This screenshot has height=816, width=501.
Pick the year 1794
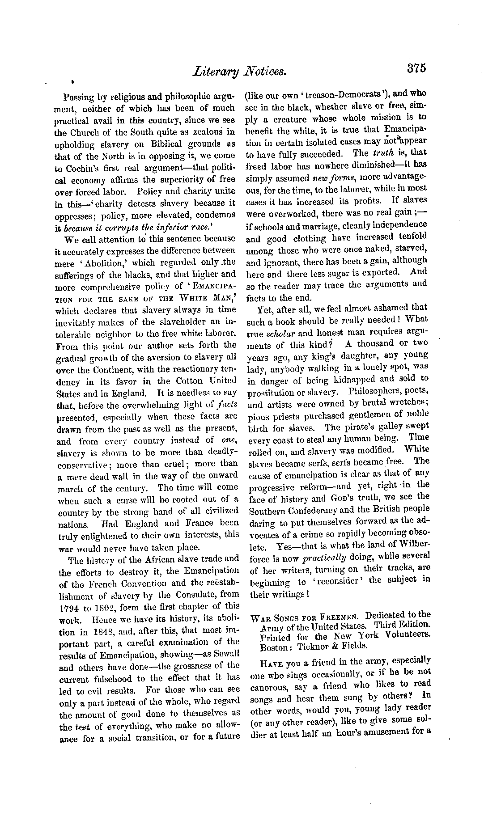[68, 609]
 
